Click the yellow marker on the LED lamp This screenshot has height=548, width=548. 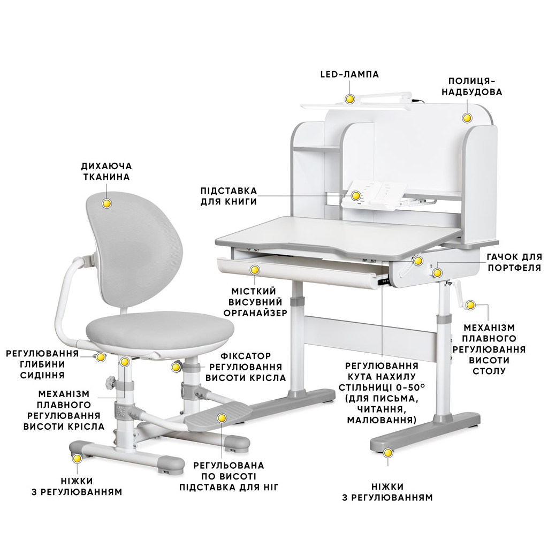coord(349,99)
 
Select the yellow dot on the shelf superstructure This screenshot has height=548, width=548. coord(467,118)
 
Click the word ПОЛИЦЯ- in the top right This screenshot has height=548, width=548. coord(471,81)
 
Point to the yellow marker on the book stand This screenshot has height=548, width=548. coord(356,195)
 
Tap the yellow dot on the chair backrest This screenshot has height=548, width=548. coord(106,203)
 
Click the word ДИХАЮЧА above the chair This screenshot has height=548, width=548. coord(106,166)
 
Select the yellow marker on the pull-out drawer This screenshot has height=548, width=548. coord(255,270)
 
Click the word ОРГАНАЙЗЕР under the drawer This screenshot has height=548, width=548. coord(255,313)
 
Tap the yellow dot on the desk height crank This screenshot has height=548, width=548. coord(470,305)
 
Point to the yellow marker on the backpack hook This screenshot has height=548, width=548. coord(437,272)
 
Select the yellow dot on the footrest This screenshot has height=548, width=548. coord(222,417)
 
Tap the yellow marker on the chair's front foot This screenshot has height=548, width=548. coord(77,458)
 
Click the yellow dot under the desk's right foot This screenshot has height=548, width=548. coord(387,453)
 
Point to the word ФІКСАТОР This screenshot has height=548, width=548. coord(246,356)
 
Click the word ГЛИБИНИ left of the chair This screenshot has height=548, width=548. coord(42,364)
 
